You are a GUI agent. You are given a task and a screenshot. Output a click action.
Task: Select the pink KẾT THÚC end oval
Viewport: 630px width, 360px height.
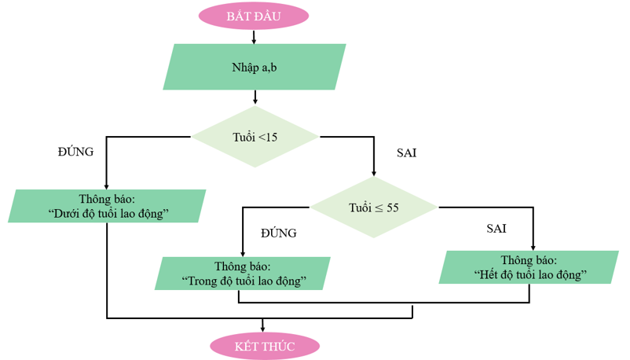click(264, 346)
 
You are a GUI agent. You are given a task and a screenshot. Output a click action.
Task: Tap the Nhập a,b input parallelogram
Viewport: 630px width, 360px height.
click(255, 67)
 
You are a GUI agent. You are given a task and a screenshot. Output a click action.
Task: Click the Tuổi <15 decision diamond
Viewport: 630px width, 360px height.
click(255, 137)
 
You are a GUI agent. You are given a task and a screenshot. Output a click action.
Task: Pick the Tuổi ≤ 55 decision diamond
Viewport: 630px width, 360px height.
click(374, 208)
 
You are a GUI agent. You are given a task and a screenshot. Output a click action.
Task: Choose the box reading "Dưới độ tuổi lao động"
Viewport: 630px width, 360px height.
click(108, 206)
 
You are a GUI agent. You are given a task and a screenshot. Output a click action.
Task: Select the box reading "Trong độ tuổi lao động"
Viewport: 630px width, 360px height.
click(243, 273)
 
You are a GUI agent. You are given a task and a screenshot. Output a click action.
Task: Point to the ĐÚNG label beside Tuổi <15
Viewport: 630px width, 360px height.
click(76, 152)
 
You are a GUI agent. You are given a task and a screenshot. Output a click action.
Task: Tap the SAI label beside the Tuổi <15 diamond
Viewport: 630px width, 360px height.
click(406, 153)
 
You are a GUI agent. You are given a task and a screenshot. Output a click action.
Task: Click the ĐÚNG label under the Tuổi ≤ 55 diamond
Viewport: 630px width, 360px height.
click(279, 233)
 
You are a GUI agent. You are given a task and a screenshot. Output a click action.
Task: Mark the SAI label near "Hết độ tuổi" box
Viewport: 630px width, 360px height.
click(496, 229)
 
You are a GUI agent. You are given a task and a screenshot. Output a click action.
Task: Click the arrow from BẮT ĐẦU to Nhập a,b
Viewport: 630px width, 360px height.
click(255, 35)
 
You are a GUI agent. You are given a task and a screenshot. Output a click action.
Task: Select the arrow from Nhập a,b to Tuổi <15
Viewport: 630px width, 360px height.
click(255, 97)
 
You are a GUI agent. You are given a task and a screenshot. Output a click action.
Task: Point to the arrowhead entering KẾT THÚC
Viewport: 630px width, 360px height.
click(263, 329)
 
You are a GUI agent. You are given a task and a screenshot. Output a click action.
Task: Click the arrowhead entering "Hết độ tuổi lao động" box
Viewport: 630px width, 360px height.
click(533, 246)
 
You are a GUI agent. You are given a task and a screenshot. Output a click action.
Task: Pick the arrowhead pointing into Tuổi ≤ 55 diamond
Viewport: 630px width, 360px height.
click(374, 174)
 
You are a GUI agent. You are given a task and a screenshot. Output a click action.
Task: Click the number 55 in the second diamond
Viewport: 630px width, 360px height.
click(393, 208)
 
